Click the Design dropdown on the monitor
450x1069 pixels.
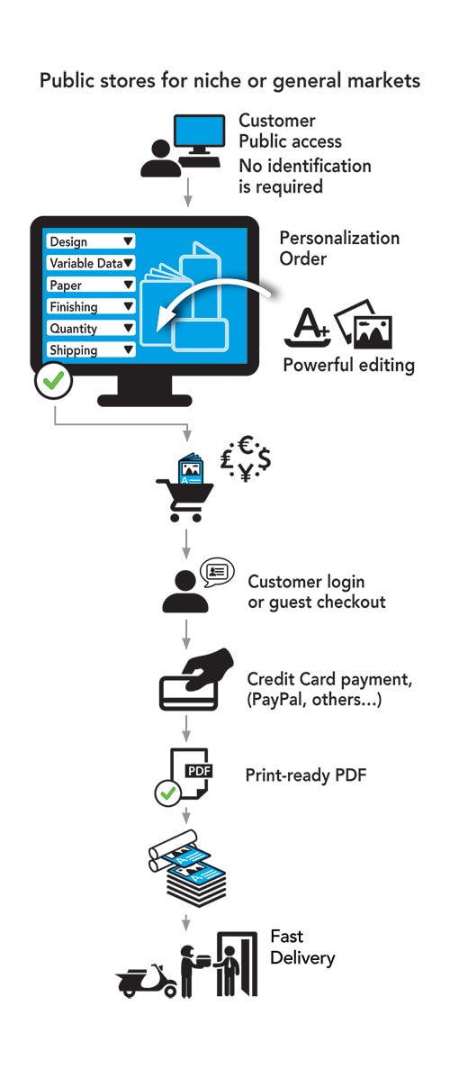(90, 241)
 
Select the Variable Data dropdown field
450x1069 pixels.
(90, 263)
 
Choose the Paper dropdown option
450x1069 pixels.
(90, 285)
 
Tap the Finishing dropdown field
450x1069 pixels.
(90, 307)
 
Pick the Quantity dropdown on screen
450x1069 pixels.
(90, 329)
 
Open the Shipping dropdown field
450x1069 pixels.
(90, 350)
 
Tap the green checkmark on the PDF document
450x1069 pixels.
(167, 793)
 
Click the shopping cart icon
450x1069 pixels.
(184, 490)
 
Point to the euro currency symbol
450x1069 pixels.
(246, 446)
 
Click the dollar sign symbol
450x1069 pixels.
(264, 459)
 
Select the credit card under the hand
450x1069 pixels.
(187, 693)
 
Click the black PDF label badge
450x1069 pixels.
(199, 771)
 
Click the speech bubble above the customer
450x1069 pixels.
(218, 571)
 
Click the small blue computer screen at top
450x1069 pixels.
(200, 131)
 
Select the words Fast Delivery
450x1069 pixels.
(302, 947)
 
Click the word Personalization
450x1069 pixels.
(339, 239)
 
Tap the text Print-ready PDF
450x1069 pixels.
(306, 775)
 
